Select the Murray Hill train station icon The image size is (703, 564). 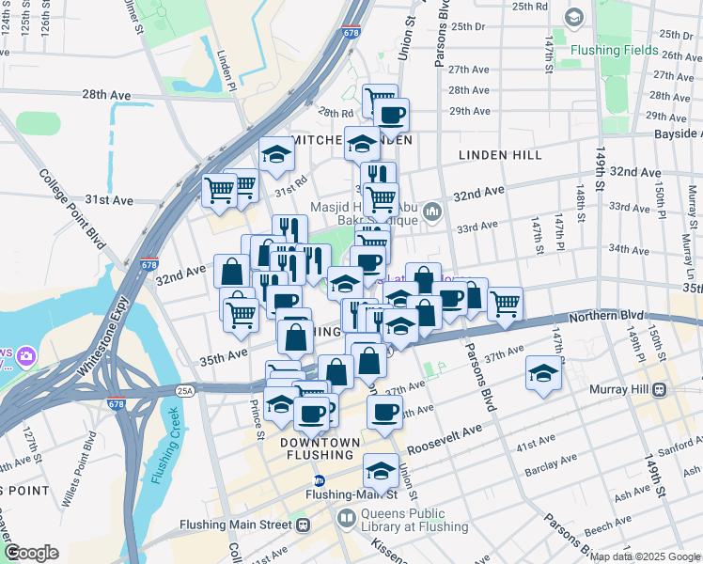(661, 389)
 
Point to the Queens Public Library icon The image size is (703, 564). (347, 518)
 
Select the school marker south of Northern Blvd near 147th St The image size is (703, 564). (543, 372)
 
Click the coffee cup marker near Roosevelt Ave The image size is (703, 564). (383, 412)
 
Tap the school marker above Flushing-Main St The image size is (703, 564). (381, 468)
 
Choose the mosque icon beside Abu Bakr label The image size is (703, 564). (431, 211)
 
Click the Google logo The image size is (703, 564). (31, 554)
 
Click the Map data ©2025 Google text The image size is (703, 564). (644, 556)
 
